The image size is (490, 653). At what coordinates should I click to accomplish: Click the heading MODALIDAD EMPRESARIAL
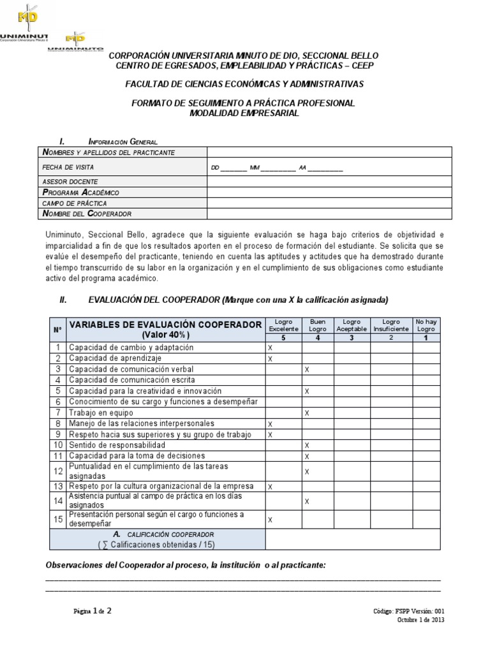[244, 113]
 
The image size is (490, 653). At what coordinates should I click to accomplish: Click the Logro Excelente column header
[283, 325]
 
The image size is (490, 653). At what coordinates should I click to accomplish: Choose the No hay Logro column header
[426, 325]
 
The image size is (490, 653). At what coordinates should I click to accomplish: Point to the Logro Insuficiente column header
[391, 325]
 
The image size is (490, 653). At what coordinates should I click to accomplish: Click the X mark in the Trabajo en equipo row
[307, 413]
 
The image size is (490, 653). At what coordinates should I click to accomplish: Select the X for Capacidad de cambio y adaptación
[270, 348]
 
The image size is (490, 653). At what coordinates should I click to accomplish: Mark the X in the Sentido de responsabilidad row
[307, 445]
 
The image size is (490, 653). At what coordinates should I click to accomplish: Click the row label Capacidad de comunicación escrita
[132, 380]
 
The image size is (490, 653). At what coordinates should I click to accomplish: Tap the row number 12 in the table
[57, 472]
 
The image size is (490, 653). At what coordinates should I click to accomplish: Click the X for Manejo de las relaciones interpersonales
[270, 424]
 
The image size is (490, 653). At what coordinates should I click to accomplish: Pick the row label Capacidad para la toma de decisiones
[137, 456]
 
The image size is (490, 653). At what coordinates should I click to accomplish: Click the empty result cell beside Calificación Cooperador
[352, 539]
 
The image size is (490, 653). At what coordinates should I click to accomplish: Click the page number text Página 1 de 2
[93, 611]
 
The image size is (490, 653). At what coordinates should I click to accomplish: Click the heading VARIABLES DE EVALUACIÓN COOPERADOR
[165, 325]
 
